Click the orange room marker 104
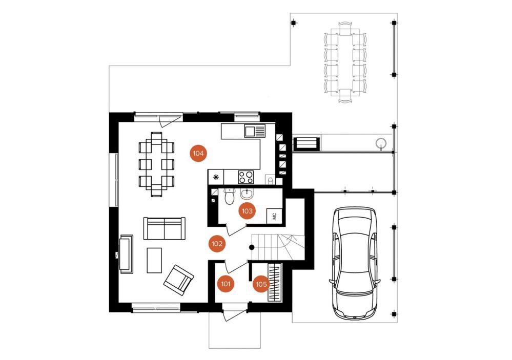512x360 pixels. point(198,154)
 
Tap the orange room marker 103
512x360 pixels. point(247,211)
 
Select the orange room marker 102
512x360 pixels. point(217,244)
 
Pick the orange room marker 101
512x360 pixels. point(226,284)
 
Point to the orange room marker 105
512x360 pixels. point(261,284)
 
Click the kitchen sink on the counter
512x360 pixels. point(255,131)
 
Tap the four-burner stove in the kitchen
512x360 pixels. point(246,177)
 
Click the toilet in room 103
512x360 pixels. point(230,197)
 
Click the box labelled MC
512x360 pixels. point(274,216)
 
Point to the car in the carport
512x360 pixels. point(355,263)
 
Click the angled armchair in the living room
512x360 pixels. point(179,280)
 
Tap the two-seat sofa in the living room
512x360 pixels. point(164,228)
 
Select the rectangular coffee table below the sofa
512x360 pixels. point(154,260)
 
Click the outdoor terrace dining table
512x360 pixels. point(345,62)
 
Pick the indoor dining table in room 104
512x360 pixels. point(156,164)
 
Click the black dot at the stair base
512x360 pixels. point(252,247)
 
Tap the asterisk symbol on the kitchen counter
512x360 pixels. point(216,177)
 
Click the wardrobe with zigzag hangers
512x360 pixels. point(274,282)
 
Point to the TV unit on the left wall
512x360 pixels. point(126,254)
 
